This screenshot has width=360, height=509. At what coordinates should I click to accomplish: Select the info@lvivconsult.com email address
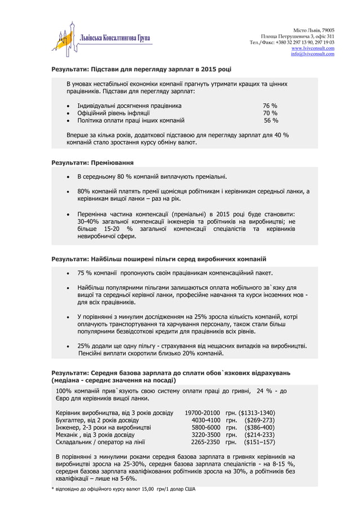pyautogui.click(x=313, y=54)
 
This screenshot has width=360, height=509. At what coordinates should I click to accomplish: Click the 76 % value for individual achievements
pyautogui.click(x=270, y=105)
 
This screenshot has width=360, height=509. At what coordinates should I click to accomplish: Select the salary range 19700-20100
pyautogui.click(x=202, y=412)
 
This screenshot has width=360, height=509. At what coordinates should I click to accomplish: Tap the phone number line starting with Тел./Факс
pyautogui.click(x=292, y=42)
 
